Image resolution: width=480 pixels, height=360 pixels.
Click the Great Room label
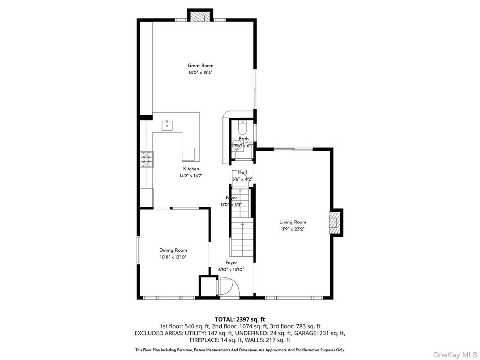pyautogui.click(x=200, y=65)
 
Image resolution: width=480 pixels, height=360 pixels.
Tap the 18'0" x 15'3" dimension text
pyautogui.click(x=200, y=72)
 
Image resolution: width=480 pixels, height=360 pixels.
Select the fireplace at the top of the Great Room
pyautogui.click(x=200, y=17)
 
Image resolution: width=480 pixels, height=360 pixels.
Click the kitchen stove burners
pyautogui.click(x=146, y=160)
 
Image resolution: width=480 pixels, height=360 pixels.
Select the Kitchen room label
pyautogui.click(x=191, y=169)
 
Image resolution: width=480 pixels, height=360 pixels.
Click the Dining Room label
pyautogui.click(x=173, y=250)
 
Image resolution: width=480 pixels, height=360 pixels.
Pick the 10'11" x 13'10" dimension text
pyautogui.click(x=173, y=257)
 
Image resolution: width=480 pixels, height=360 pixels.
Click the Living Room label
pyautogui.click(x=293, y=222)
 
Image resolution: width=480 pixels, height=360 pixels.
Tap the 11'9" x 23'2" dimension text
pyautogui.click(x=293, y=229)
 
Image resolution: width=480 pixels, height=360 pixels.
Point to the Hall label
pyautogui.click(x=242, y=172)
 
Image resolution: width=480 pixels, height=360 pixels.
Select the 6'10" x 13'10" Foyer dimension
pyautogui.click(x=231, y=270)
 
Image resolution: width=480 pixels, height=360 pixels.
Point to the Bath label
pyautogui.click(x=243, y=139)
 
